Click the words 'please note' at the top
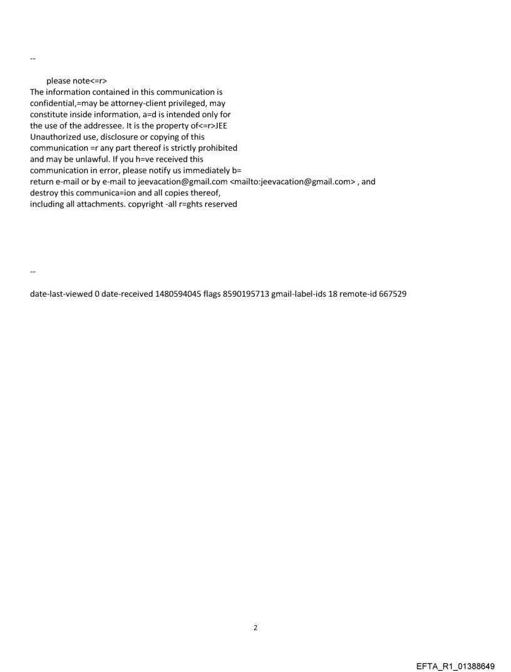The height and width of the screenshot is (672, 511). pyautogui.click(x=67, y=81)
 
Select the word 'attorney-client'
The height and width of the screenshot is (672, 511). pyautogui.click(x=134, y=103)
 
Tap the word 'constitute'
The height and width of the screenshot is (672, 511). pyautogui.click(x=49, y=115)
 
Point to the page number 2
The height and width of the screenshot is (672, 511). pyautogui.click(x=255, y=628)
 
